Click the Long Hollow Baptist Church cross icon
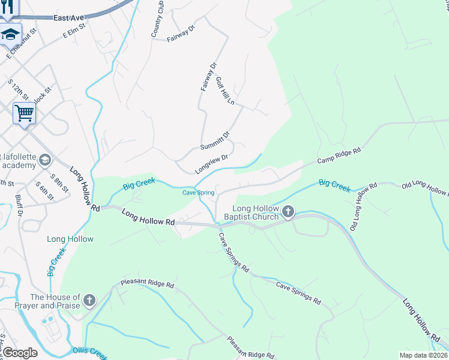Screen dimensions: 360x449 [288, 211]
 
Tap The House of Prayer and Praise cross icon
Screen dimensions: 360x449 [89, 300]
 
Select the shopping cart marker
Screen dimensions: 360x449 [24, 113]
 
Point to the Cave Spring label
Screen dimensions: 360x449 [198, 193]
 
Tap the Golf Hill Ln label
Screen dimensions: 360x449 [224, 91]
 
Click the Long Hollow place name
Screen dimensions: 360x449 [70, 239]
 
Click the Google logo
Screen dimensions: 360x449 [20, 353]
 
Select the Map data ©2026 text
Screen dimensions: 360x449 [423, 355]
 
